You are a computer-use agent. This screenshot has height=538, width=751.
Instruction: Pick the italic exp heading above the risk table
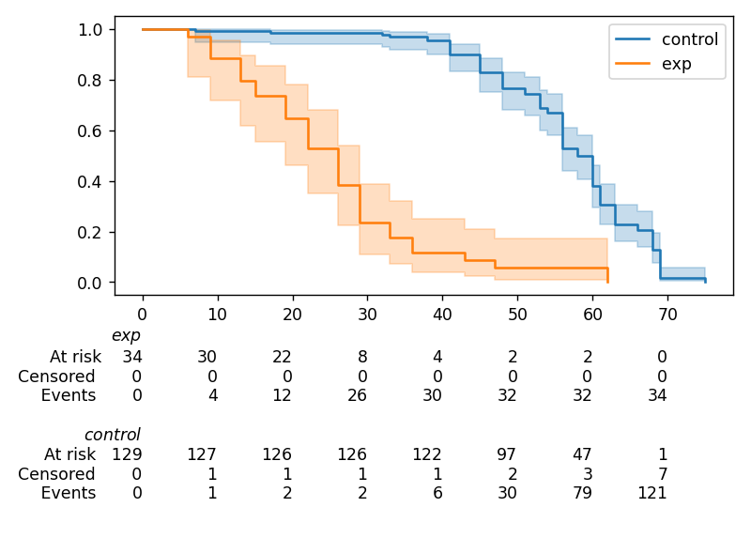click(126, 335)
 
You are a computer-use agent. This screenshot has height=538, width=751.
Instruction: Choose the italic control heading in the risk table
click(113, 435)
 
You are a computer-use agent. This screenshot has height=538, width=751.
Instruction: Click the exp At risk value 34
click(132, 356)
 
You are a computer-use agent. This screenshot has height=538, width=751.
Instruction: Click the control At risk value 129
click(128, 454)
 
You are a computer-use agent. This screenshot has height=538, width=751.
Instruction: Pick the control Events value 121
click(652, 494)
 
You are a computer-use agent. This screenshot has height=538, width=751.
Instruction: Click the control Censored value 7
click(662, 474)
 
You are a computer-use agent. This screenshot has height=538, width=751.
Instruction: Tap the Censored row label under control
click(56, 474)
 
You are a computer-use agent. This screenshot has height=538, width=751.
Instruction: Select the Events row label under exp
click(69, 395)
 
